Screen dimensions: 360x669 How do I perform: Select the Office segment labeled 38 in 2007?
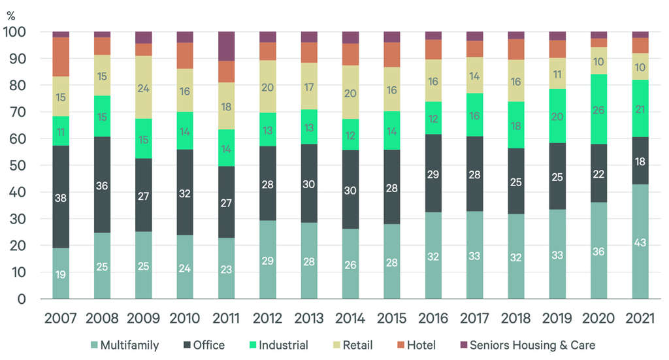pos(61,197)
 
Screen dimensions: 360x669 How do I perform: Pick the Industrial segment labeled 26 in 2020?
pos(599,109)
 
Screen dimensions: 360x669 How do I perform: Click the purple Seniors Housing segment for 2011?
pos(227,46)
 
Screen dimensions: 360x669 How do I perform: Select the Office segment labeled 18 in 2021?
pos(640,161)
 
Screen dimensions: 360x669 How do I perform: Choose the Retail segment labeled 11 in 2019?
pos(558,73)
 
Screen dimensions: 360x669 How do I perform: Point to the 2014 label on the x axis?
pos(350,319)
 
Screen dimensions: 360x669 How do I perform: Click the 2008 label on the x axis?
pos(102,319)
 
